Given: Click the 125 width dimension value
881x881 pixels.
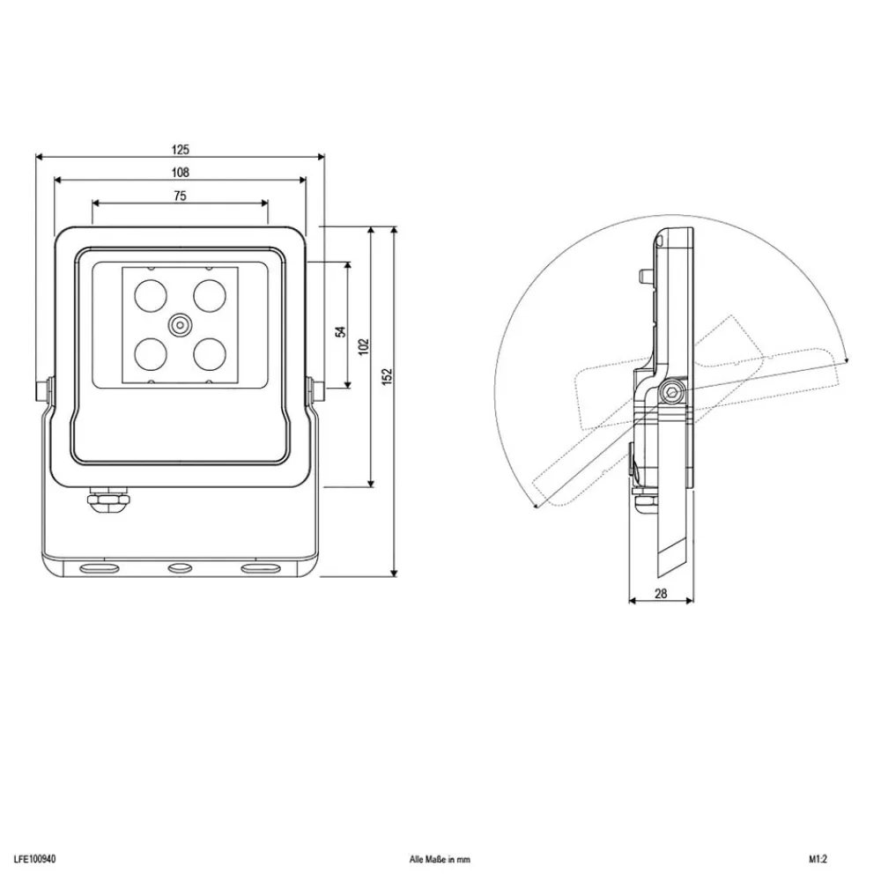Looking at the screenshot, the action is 181,150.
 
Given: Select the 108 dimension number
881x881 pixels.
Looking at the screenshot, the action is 181,173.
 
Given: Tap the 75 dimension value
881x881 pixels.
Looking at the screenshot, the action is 180,196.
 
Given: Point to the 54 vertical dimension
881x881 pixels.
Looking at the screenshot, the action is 340,331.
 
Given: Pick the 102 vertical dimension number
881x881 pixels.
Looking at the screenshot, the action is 364,346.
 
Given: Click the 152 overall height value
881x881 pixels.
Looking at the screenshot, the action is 387,376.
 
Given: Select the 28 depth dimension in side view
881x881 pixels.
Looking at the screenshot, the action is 661,593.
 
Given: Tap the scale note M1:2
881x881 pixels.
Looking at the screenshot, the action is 818,859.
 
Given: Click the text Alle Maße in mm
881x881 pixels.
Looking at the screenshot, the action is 440,859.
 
